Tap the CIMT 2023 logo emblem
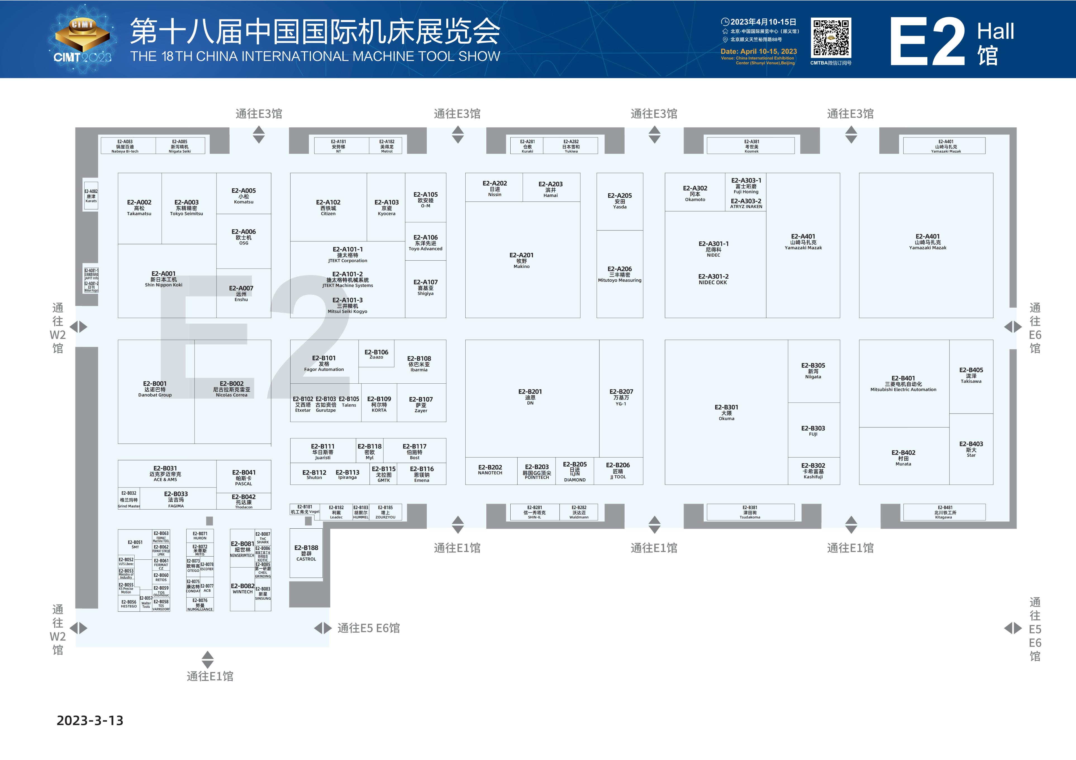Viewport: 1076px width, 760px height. coord(82,40)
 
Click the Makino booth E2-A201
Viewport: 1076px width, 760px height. coord(522,260)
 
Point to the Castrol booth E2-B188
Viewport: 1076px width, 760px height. coord(306,553)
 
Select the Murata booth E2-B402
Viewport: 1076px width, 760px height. coord(903,457)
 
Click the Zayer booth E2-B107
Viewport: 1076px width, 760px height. coord(421,404)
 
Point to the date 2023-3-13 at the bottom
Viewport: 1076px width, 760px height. coord(90,720)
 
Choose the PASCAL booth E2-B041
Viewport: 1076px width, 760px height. coord(244,477)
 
